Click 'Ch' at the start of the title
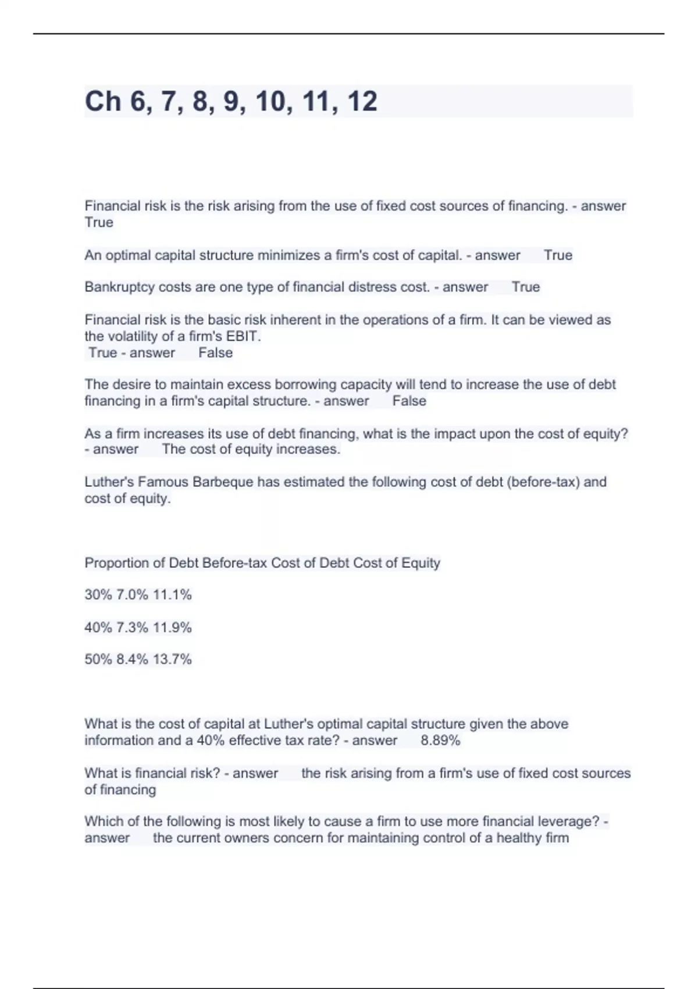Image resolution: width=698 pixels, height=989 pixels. coord(103,101)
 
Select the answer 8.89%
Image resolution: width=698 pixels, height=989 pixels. coord(440,741)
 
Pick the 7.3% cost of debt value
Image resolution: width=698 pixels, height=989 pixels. coord(133,628)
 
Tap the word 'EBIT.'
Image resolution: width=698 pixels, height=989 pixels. coord(243,336)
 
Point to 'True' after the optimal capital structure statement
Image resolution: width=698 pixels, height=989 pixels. coord(558,255)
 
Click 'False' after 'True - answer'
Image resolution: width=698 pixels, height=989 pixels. coord(215,353)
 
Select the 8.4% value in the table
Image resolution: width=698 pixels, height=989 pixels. coord(133,659)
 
